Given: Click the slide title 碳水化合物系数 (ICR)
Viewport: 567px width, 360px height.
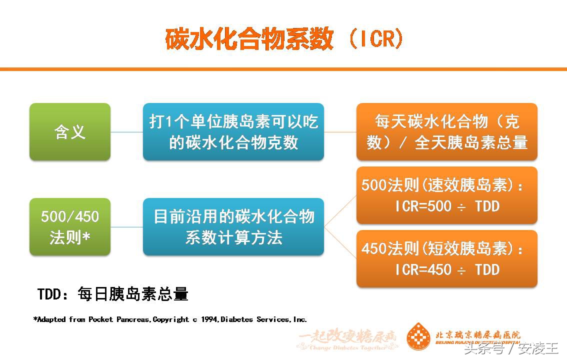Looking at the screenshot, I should (x=283, y=38).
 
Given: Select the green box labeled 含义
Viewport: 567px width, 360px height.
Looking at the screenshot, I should (x=70, y=132).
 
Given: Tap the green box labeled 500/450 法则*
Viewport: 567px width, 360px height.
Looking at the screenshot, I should (x=70, y=227).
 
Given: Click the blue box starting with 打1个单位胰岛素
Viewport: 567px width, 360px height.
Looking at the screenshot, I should (x=233, y=132).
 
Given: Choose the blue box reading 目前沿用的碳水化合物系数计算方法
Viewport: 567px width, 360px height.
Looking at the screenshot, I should (x=233, y=227).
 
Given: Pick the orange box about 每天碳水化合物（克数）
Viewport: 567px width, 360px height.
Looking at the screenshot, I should (x=446, y=132).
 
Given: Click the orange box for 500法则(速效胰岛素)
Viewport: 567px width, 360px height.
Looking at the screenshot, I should (x=446, y=195).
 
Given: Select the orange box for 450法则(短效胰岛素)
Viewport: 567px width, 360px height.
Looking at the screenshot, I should (x=446, y=258).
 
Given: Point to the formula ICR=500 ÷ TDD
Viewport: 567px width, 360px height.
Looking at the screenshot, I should (x=447, y=206).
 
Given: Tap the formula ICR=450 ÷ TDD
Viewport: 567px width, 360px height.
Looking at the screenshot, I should (x=447, y=269).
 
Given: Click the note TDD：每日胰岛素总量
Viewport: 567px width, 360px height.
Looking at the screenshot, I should (x=113, y=294).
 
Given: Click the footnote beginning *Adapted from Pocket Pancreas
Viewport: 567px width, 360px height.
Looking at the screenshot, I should (x=170, y=319).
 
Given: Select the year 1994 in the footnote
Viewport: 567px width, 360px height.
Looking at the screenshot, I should (x=209, y=319).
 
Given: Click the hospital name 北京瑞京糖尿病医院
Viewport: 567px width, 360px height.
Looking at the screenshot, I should (x=477, y=334).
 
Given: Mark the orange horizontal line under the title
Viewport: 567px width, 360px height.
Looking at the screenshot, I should (x=283, y=68).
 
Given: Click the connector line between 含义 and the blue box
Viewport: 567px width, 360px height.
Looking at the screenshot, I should (x=126, y=132).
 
